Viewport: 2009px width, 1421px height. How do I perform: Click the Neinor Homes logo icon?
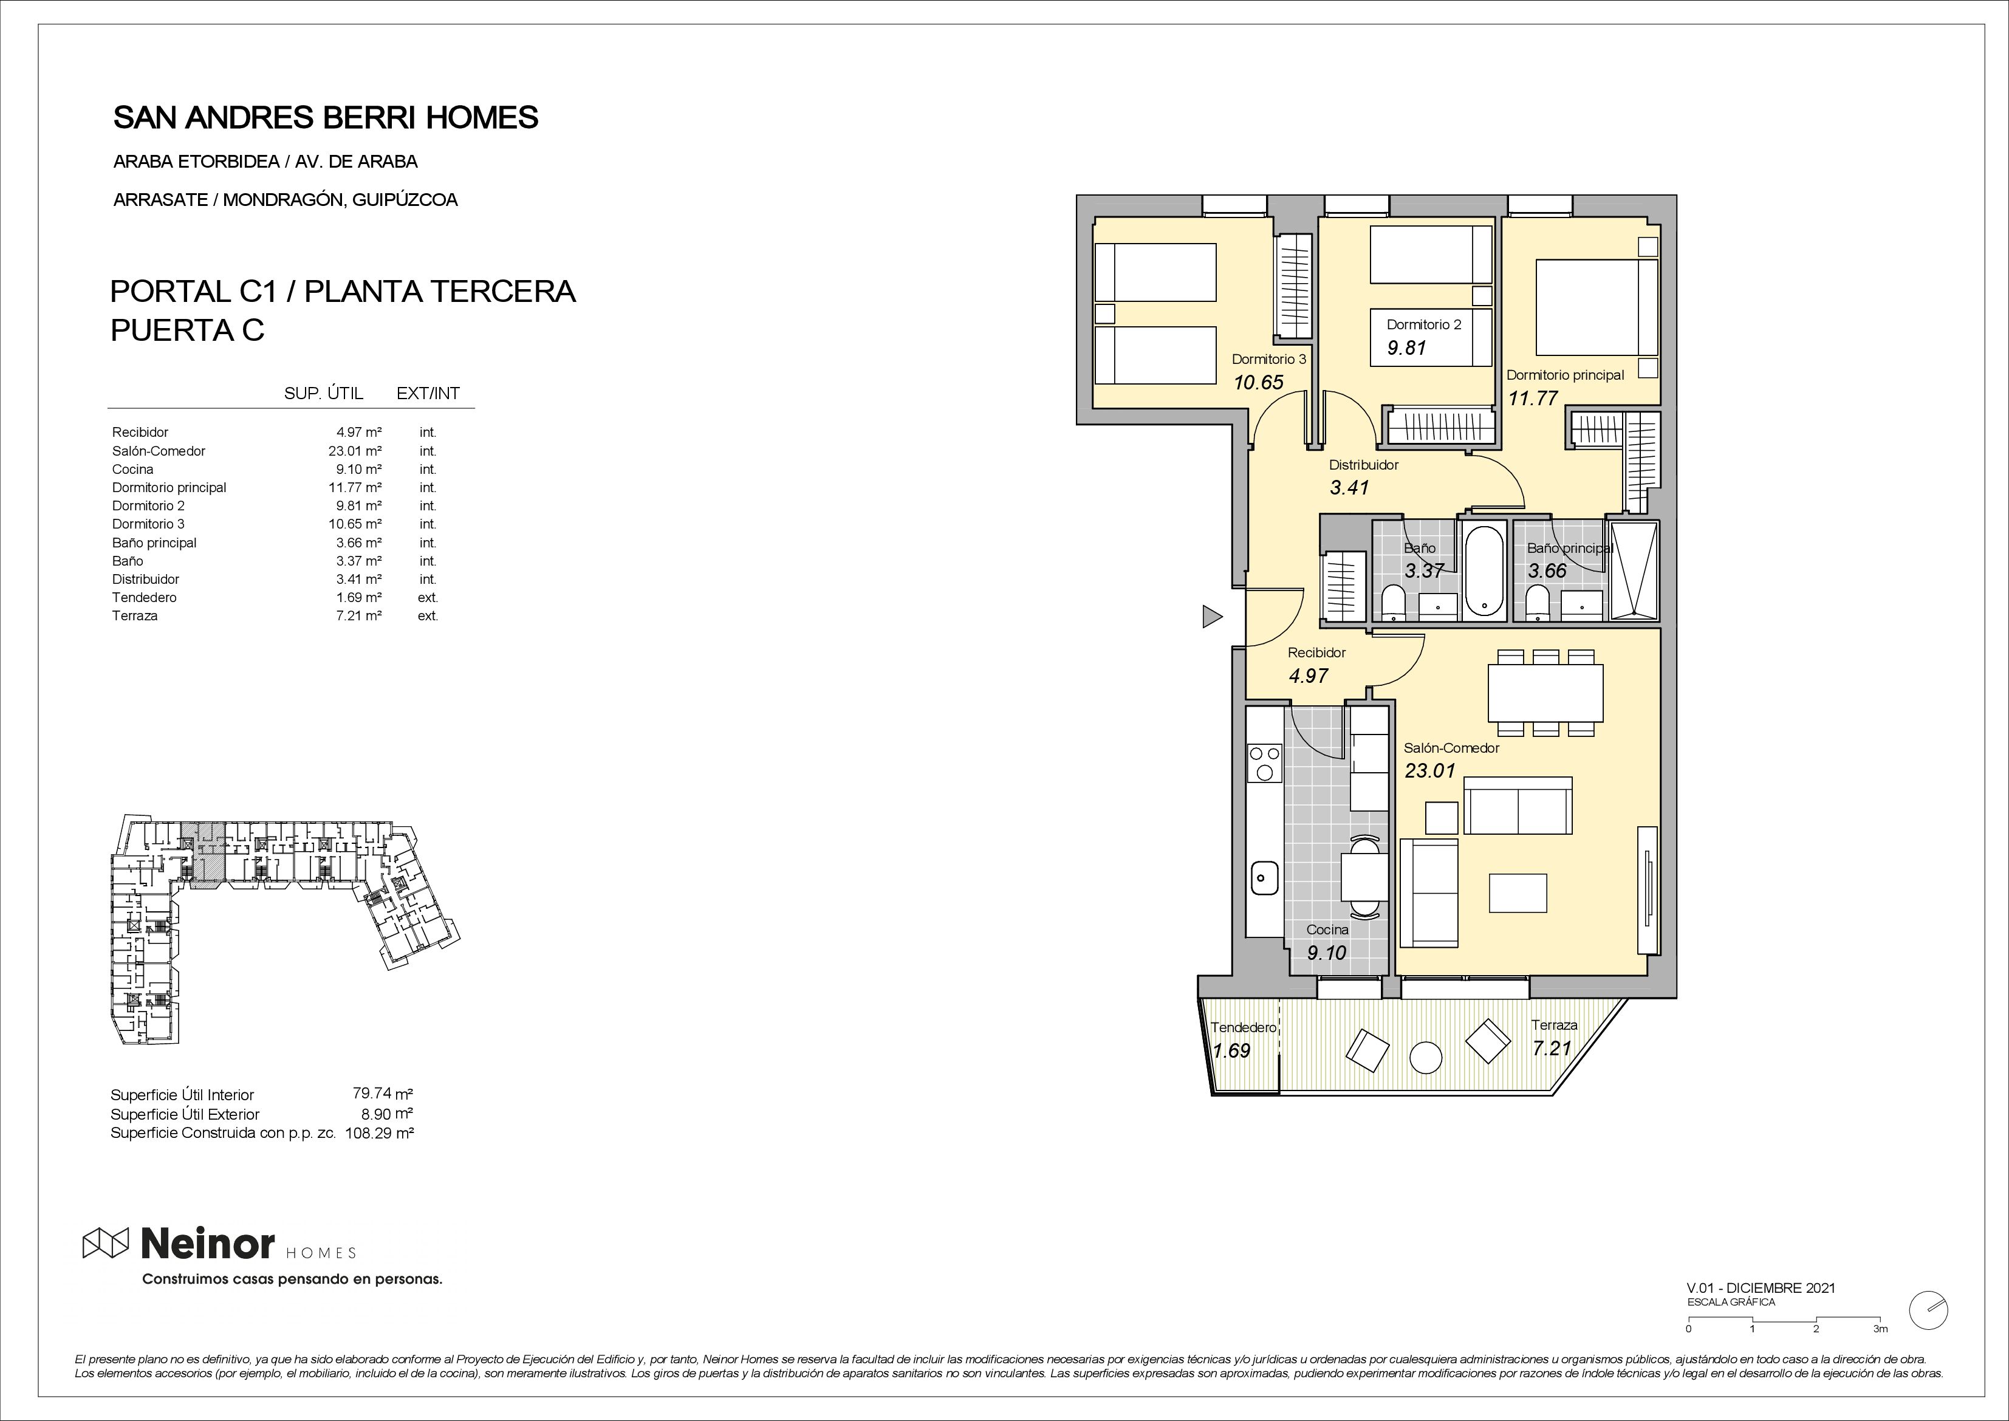pos(106,1242)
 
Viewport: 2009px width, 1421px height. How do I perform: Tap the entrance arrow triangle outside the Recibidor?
pos(1212,617)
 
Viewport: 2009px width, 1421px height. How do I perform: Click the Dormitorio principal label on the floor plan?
pos(1564,375)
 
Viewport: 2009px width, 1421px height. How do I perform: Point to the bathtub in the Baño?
pos(1483,570)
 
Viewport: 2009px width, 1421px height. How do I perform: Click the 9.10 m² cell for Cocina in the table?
pos(359,469)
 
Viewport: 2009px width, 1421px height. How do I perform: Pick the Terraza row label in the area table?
pos(135,616)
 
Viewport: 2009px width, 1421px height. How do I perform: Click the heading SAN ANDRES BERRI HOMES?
pos(326,117)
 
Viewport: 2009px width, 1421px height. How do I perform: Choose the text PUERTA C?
pos(187,330)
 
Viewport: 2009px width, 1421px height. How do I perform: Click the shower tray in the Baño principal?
pos(1635,570)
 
